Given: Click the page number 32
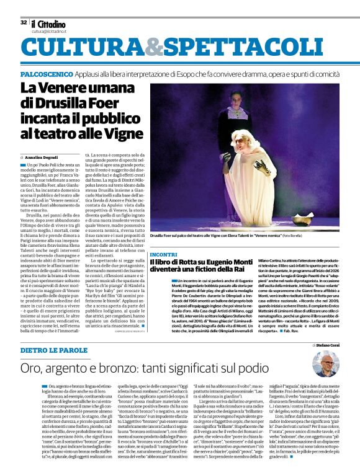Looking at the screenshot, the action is tap(24, 22).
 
